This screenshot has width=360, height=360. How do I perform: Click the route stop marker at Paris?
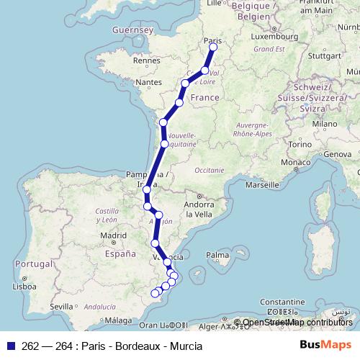tap(213, 48)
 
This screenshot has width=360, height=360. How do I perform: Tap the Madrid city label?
tap(113, 235)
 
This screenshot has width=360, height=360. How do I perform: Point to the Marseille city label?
tap(261, 184)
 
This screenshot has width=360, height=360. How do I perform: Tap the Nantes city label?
tap(149, 83)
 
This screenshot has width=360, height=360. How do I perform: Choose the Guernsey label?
tap(133, 30)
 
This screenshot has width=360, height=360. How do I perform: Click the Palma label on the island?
tap(217, 255)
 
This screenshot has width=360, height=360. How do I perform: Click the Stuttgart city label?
tap(322, 55)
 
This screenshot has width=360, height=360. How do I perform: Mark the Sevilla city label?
tap(63, 306)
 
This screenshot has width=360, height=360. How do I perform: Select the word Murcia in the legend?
tap(185, 346)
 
